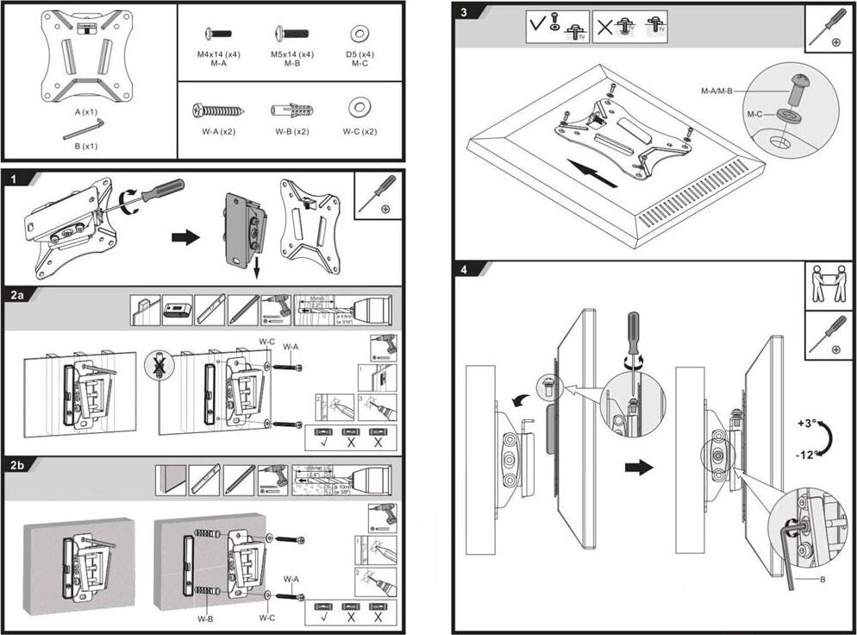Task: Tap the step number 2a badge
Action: point(18,295)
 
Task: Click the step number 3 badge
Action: point(465,13)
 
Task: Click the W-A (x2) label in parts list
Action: point(217,132)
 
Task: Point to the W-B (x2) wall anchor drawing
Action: point(291,111)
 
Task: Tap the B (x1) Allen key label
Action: point(86,146)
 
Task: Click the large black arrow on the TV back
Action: point(596,173)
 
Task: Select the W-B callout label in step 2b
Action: point(205,619)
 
